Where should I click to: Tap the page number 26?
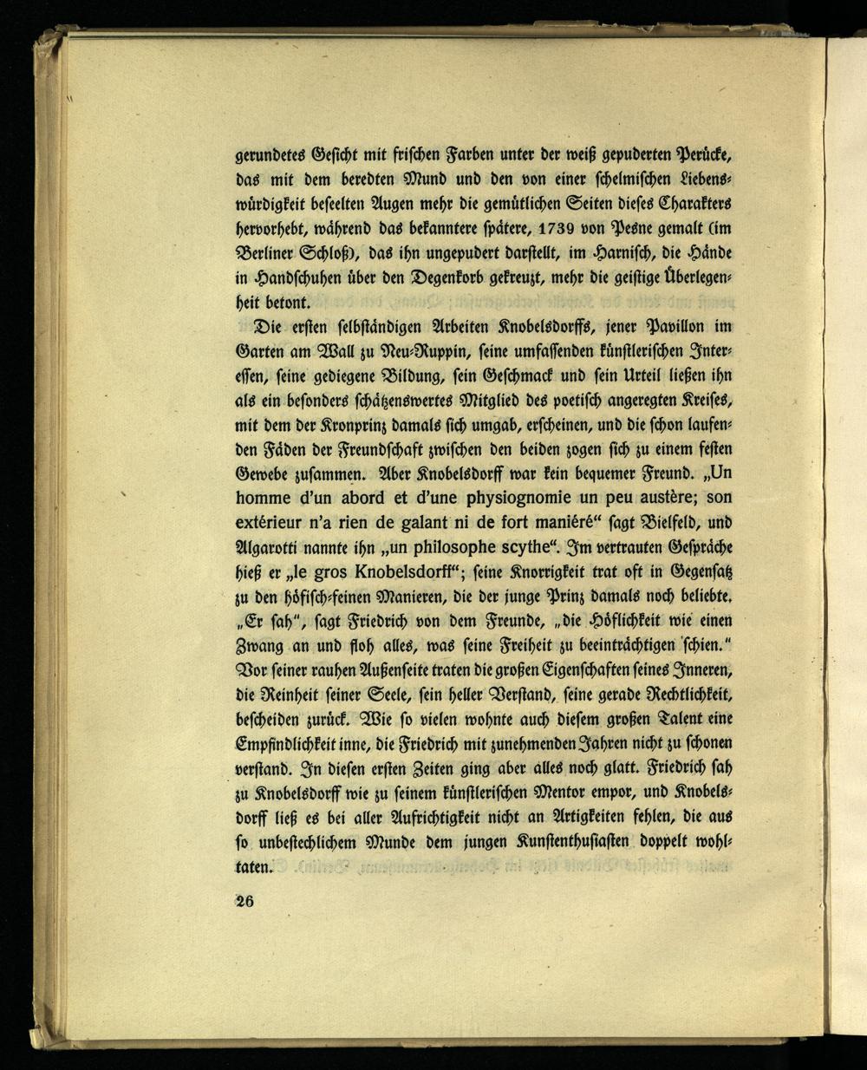coord(244,900)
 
